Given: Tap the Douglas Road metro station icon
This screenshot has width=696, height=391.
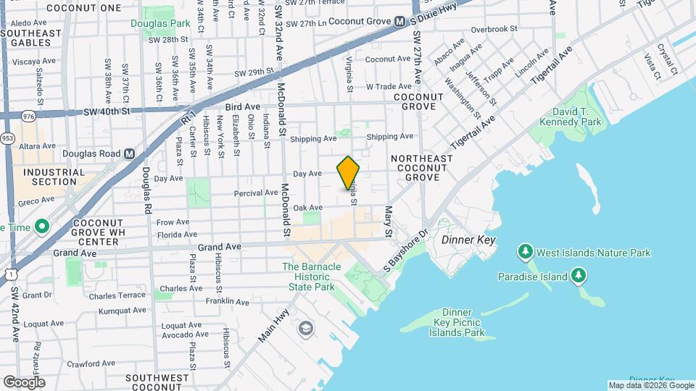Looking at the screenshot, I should [130, 154].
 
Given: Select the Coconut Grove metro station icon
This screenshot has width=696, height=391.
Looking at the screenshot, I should [399, 22].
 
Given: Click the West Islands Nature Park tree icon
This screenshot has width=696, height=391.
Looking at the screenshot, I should [525, 253].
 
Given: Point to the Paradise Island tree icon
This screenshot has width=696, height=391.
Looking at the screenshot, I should [578, 276].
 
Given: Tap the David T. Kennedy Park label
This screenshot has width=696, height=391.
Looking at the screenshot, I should [576, 117].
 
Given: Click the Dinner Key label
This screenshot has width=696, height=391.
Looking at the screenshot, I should [468, 240].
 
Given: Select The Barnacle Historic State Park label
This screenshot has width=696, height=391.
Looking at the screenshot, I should [312, 277].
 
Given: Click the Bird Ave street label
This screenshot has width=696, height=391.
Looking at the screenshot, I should [242, 106].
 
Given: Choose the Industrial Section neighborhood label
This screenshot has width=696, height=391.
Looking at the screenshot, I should [49, 176].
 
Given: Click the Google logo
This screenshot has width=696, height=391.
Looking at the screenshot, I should [23, 382].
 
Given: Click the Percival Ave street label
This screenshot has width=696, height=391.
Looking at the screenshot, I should [256, 193].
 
